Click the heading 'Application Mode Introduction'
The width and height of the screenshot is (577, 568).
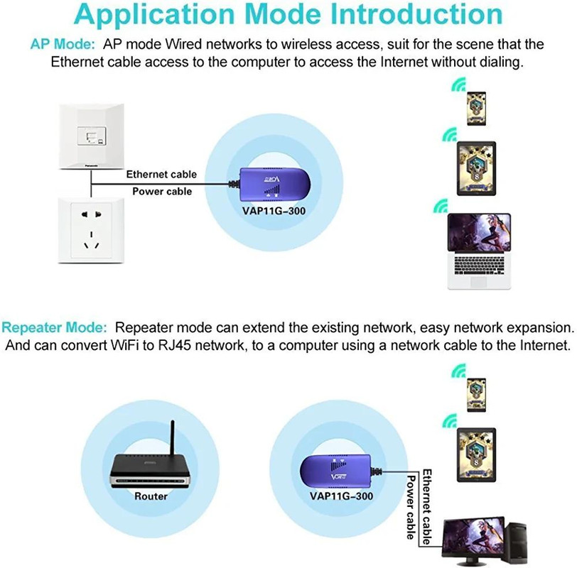pos(288,16)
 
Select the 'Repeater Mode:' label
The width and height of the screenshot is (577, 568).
pos(55,328)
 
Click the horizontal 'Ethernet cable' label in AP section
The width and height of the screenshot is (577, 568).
pos(161,174)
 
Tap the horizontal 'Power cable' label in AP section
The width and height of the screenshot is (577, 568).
pos(162,191)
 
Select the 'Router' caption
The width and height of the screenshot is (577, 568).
pos(151,496)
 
